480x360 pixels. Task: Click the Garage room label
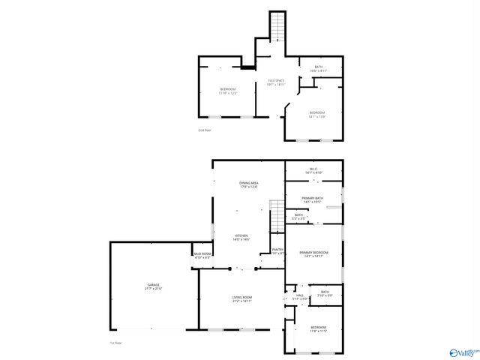point(154,286)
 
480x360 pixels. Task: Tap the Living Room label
point(241,298)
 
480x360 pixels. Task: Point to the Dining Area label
point(249,183)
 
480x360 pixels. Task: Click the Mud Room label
point(202,254)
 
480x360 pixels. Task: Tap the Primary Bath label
point(313,198)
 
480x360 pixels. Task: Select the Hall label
point(299,295)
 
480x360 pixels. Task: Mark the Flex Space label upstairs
point(276,81)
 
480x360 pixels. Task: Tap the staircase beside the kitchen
point(277,216)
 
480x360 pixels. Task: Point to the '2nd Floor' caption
point(205,130)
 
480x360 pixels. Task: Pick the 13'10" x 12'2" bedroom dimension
point(228,93)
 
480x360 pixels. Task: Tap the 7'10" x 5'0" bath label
point(325,295)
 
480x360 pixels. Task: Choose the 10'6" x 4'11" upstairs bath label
point(319,71)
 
